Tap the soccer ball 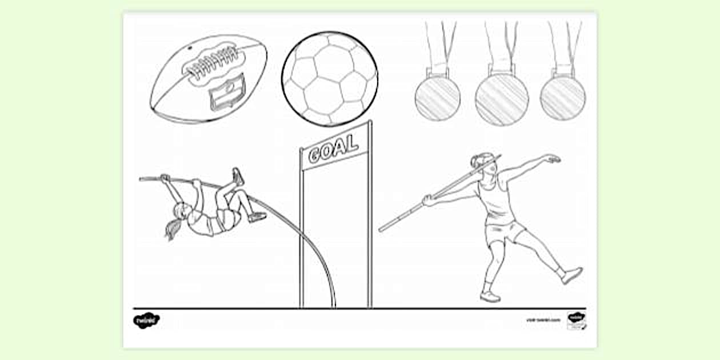click(x=329, y=79)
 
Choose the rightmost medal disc click(x=563, y=98)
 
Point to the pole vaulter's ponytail click(x=171, y=229)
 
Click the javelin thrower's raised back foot click(x=572, y=275)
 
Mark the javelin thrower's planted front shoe click(x=490, y=296)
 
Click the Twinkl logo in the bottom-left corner click(x=146, y=320)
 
